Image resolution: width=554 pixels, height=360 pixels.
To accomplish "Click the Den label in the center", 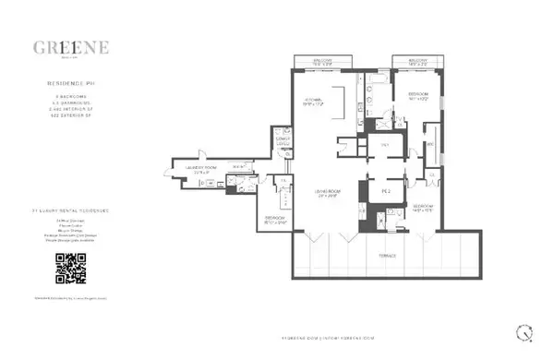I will coord(385,145).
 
